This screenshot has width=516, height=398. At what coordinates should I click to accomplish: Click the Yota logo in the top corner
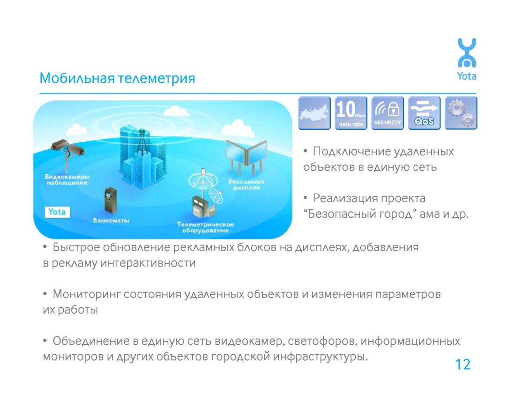coord(467,59)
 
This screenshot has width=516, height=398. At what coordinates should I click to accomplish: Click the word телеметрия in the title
coord(157,78)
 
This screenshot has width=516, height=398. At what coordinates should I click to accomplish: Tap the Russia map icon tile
coord(314,113)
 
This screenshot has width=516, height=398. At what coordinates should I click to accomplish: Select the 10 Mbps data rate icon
coord(351,113)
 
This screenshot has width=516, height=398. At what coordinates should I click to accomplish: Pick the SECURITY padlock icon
coord(387,113)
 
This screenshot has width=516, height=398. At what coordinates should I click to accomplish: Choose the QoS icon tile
coord(424,113)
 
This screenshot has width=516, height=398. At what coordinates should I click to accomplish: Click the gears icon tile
coord(461,113)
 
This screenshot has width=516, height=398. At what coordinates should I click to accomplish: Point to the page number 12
coord(462,365)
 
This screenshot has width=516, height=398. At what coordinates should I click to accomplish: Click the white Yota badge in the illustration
coord(57,212)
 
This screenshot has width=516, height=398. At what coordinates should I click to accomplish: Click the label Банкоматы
coord(111,221)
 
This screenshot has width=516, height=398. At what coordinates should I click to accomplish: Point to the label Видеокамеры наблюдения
coord(67,180)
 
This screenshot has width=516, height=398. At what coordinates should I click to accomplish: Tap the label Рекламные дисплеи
coord(246,185)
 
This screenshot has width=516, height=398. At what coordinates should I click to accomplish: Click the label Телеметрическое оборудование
coord(205,228)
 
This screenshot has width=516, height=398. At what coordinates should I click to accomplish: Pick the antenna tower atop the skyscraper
coord(142,142)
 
